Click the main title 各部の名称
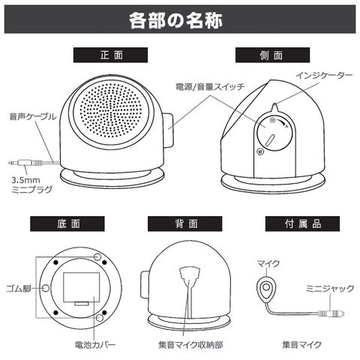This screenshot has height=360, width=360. click(x=175, y=20)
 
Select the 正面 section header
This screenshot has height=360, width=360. click(x=110, y=55)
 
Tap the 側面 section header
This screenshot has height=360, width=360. click(x=272, y=55)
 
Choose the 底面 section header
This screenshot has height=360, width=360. click(x=67, y=223)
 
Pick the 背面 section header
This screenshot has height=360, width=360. click(x=184, y=223)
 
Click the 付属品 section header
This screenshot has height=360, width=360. click(x=302, y=223)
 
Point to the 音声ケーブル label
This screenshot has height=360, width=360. click(x=33, y=116)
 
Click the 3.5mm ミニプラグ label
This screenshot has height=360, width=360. click(x=32, y=184)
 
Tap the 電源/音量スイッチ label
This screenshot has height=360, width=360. click(x=210, y=87)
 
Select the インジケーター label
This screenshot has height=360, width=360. click(x=324, y=75)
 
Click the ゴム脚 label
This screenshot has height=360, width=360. click(x=19, y=288)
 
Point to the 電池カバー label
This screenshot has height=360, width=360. click(x=95, y=345)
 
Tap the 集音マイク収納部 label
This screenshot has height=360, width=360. click(x=190, y=345)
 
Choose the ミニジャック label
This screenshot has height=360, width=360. click(x=330, y=288)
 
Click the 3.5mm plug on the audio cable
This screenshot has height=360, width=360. click(x=25, y=163)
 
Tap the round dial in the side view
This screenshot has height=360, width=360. click(x=274, y=133)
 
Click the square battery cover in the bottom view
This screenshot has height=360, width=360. click(x=81, y=287)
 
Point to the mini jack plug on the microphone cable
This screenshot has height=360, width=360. click(x=331, y=313)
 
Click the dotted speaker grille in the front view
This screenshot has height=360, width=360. click(x=111, y=111)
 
